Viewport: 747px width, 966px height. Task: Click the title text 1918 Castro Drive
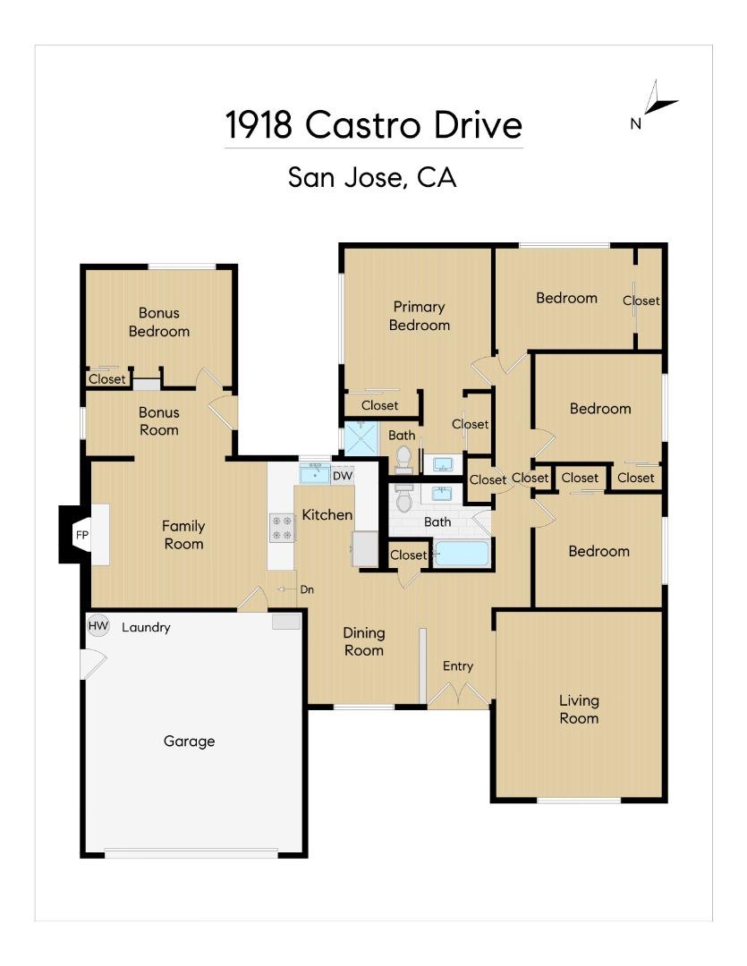(x=373, y=125)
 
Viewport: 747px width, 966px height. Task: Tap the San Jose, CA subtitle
(x=372, y=177)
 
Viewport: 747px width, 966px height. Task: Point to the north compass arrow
(x=659, y=100)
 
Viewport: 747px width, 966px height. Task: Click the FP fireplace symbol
(x=81, y=535)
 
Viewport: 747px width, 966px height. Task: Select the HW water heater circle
(x=98, y=627)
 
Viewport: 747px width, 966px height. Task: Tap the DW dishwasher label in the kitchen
(x=343, y=476)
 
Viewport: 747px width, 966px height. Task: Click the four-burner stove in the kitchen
(x=282, y=528)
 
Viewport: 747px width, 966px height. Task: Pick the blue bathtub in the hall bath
(x=462, y=554)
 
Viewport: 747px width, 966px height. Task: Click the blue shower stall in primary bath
(x=362, y=438)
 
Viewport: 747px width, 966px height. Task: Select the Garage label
(x=189, y=741)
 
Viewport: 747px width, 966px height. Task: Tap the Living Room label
(x=579, y=709)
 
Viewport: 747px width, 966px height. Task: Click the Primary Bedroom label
(x=419, y=316)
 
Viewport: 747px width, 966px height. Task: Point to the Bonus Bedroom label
(x=158, y=322)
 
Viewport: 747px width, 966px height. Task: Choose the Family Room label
(x=183, y=535)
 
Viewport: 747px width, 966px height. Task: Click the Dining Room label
(x=364, y=641)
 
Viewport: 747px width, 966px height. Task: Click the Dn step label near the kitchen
(x=307, y=590)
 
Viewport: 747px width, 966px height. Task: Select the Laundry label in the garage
(x=146, y=628)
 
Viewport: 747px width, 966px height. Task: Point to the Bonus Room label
(x=158, y=421)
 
